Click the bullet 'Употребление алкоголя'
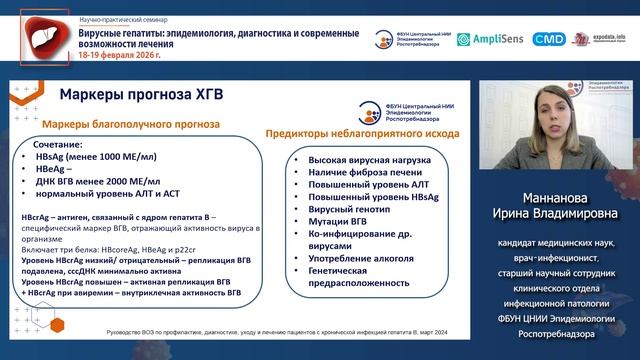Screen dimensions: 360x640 pyautogui.click(x=348, y=258)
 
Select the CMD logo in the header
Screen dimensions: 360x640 pyautogui.click(x=548, y=39)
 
